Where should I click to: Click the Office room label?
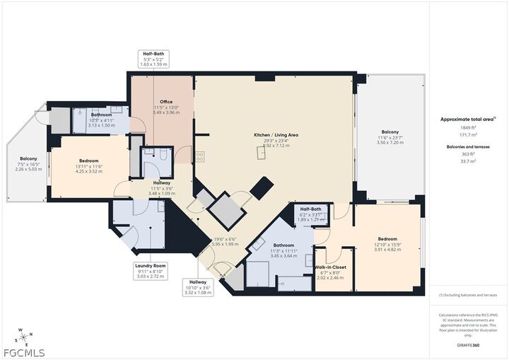click(x=165, y=102)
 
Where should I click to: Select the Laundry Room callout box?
click(x=149, y=271)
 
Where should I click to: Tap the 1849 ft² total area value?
click(x=468, y=128)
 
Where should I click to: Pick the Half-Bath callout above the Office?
click(x=154, y=59)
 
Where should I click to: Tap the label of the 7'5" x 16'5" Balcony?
click(x=28, y=159)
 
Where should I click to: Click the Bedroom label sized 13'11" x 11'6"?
click(x=88, y=161)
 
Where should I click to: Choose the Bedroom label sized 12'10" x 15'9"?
click(x=387, y=239)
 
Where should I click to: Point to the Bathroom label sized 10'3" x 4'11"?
click(x=101, y=115)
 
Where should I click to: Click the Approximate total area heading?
click(x=468, y=120)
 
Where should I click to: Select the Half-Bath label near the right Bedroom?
click(x=311, y=209)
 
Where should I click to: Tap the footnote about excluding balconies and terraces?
click(x=468, y=295)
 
